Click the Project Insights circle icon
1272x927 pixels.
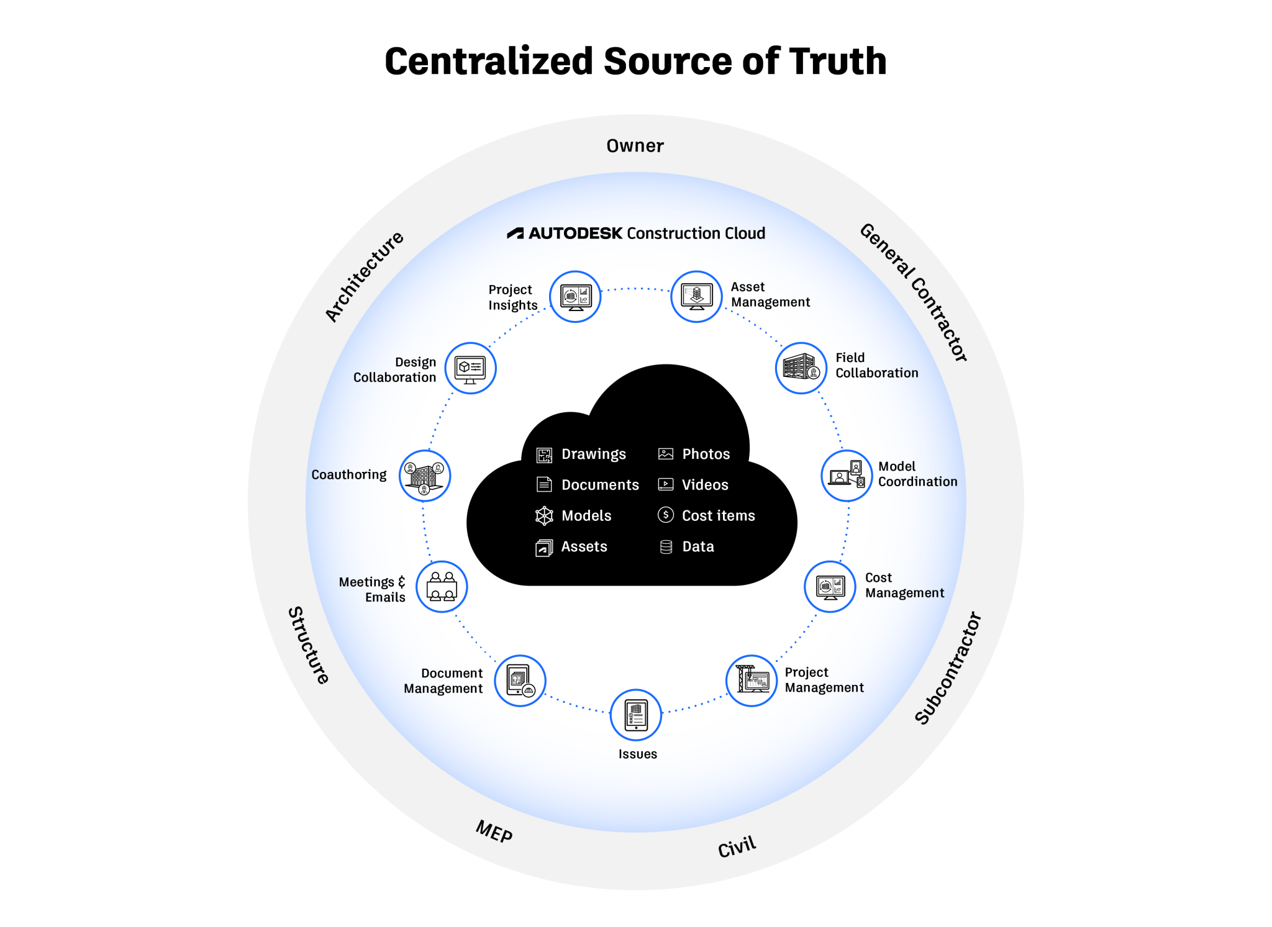(575, 297)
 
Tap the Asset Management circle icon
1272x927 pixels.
(696, 297)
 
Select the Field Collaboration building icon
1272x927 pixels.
(801, 368)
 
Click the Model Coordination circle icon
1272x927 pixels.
(847, 476)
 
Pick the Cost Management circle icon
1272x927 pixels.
(830, 587)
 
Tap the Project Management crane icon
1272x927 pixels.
(752, 681)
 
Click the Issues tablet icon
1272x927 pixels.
(636, 715)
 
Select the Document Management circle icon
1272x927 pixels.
(520, 681)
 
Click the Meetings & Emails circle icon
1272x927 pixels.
(442, 587)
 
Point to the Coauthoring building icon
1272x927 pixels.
(425, 476)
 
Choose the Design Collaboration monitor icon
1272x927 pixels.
(470, 368)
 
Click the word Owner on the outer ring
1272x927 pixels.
(635, 146)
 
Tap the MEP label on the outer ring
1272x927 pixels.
(494, 831)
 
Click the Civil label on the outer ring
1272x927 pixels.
(737, 846)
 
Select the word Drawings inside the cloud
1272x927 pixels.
(593, 454)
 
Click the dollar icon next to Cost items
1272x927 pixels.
(665, 515)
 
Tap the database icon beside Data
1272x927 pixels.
(666, 546)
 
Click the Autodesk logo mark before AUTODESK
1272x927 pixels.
(515, 233)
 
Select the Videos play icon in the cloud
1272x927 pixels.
(665, 484)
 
